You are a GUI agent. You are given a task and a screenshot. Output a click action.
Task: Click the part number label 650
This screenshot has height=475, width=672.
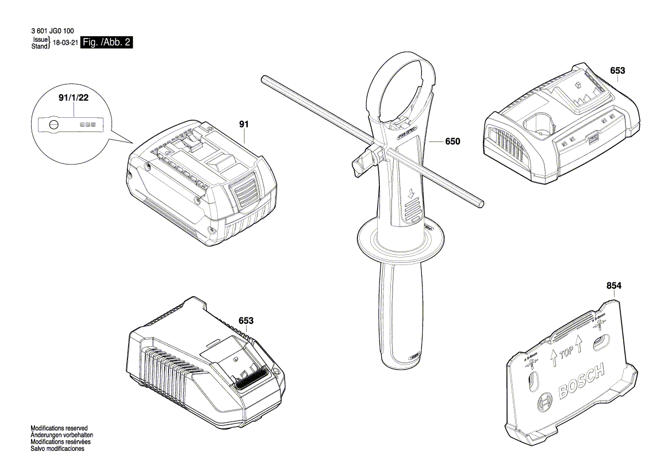(x=452, y=141)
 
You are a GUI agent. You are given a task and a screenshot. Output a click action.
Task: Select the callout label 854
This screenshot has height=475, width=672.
(x=614, y=286)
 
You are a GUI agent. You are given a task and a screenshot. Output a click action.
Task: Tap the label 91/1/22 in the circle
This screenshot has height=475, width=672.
(x=74, y=98)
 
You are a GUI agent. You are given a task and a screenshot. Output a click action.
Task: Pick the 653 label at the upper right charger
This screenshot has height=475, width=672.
(x=617, y=71)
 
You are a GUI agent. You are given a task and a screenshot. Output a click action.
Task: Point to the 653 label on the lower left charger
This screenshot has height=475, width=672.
(x=246, y=320)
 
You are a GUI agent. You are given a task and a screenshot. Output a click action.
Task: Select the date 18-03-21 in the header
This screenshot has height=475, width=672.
(x=65, y=43)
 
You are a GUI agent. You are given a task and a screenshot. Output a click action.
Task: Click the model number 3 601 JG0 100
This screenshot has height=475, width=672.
(x=50, y=31)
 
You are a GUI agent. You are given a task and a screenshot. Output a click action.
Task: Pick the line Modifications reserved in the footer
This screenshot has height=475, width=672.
(x=59, y=428)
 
